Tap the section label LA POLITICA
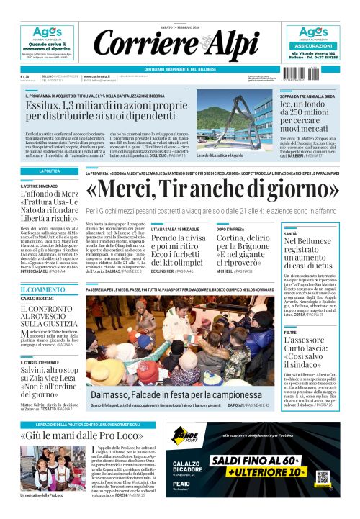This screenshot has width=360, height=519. click(49, 171)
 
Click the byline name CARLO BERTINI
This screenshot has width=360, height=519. click(37, 299)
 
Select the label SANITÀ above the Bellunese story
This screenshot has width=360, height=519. click(291, 234)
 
